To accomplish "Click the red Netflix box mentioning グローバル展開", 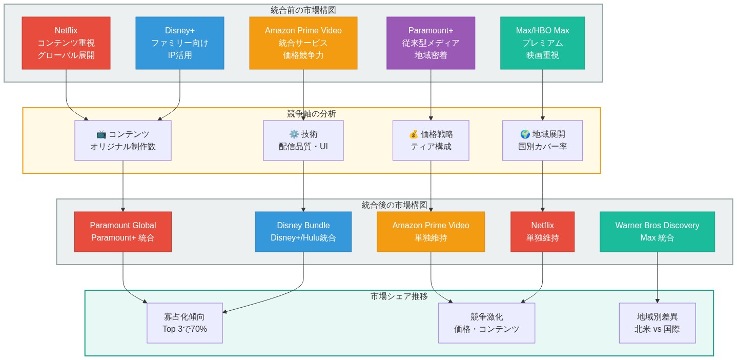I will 66,43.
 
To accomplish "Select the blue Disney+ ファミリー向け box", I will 180,43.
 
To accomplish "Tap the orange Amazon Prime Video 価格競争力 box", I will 303,43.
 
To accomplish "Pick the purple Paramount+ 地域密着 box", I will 431,43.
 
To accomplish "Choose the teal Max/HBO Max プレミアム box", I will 543,43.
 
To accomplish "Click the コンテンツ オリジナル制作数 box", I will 123,141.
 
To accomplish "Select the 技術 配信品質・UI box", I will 303,141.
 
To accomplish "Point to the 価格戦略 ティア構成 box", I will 431,141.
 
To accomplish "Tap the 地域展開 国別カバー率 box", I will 543,141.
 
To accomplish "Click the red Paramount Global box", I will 123,232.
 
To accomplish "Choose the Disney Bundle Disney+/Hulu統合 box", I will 303,232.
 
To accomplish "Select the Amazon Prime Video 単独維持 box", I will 431,232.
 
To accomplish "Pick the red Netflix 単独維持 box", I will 543,232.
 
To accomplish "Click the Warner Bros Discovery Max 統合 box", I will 657,232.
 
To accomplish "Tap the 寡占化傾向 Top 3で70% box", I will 185,323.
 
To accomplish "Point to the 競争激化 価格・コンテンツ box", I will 486,323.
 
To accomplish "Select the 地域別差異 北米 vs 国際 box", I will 657,323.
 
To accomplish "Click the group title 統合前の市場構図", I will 303,10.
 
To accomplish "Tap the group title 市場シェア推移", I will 399,296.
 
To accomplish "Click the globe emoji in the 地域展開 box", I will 525,134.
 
